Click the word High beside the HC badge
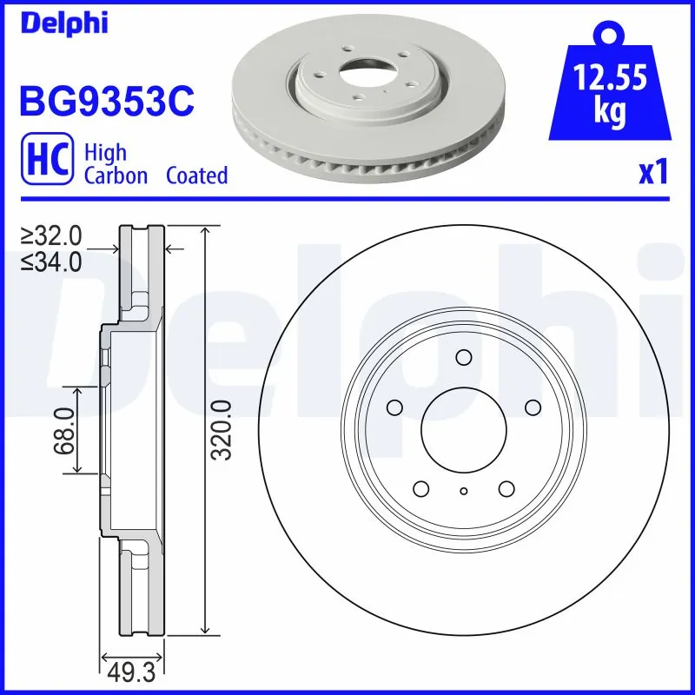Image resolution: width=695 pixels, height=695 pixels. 105,153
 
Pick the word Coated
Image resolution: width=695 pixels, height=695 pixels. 196,175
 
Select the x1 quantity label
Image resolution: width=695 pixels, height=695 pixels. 652,173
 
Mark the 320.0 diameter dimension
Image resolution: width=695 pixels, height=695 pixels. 222,431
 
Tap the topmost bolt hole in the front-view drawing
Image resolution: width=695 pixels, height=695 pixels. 463,357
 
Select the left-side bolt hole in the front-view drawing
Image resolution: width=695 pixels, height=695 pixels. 395,407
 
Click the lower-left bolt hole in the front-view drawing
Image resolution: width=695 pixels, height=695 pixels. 421,487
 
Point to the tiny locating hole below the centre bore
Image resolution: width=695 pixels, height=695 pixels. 463,492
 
